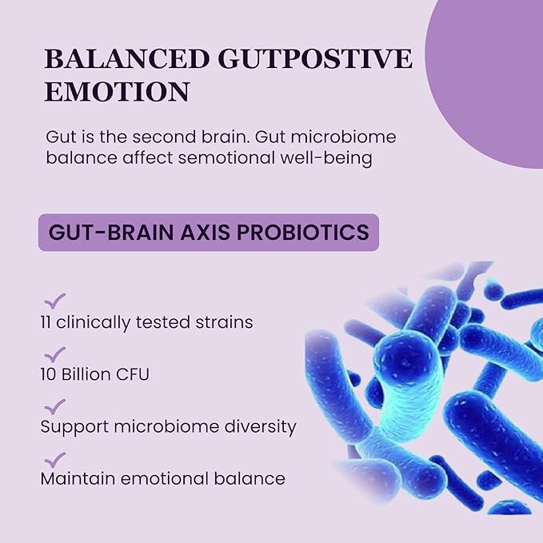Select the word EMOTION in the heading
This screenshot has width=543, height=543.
(117, 91)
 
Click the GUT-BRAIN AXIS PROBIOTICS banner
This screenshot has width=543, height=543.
(208, 232)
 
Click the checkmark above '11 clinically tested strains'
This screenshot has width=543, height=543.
(54, 301)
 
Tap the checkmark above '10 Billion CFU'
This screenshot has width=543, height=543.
(54, 353)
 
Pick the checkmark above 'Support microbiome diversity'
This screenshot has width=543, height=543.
(54, 406)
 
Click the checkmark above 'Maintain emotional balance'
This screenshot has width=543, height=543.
(54, 459)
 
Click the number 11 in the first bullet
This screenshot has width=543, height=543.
(47, 322)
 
